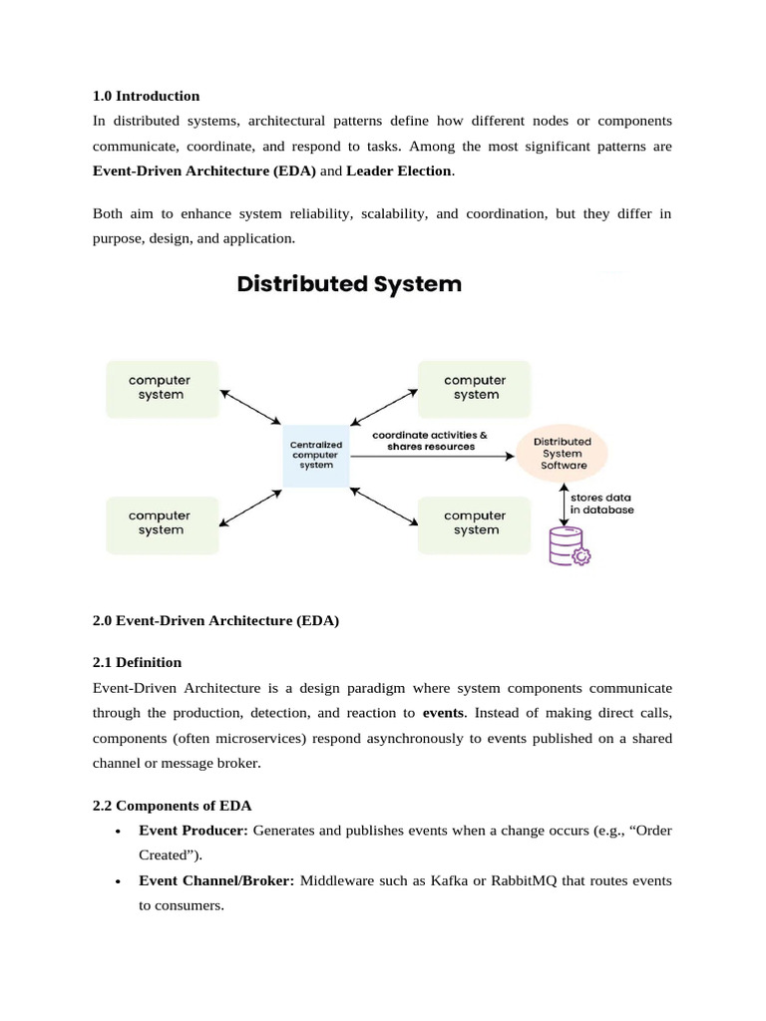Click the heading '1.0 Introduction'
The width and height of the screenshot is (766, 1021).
(146, 97)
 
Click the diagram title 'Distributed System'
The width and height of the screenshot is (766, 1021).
(349, 284)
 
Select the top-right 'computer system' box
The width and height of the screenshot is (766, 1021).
(475, 388)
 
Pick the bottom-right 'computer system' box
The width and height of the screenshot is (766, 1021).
(475, 523)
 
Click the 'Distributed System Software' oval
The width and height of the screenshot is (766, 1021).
(564, 454)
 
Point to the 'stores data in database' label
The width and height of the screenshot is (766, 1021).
(601, 504)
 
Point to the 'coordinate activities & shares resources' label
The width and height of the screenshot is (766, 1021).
(429, 441)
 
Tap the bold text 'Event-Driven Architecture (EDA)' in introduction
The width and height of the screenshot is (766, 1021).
(204, 170)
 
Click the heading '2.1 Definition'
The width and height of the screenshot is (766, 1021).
(138, 662)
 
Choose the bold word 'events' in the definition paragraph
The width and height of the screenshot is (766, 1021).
(444, 713)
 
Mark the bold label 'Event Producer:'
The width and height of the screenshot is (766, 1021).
(192, 831)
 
